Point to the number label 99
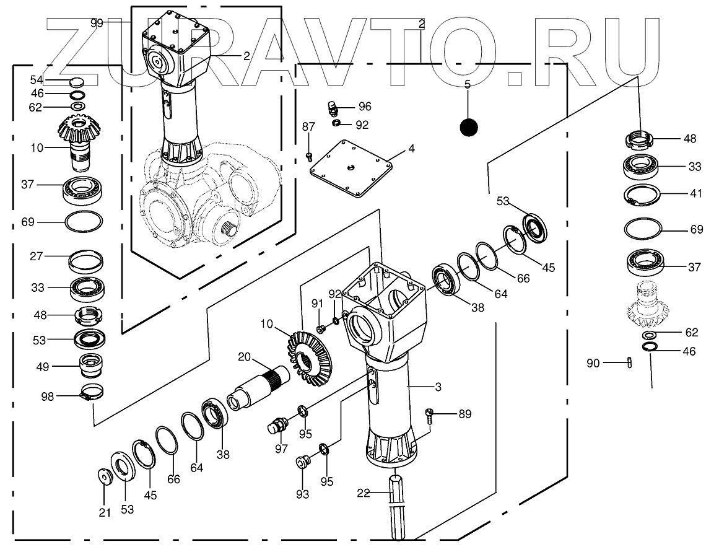click(97, 23)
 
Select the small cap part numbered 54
click(77, 81)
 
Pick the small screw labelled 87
click(309, 156)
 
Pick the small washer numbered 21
click(105, 478)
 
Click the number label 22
click(363, 493)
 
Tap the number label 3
click(438, 388)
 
